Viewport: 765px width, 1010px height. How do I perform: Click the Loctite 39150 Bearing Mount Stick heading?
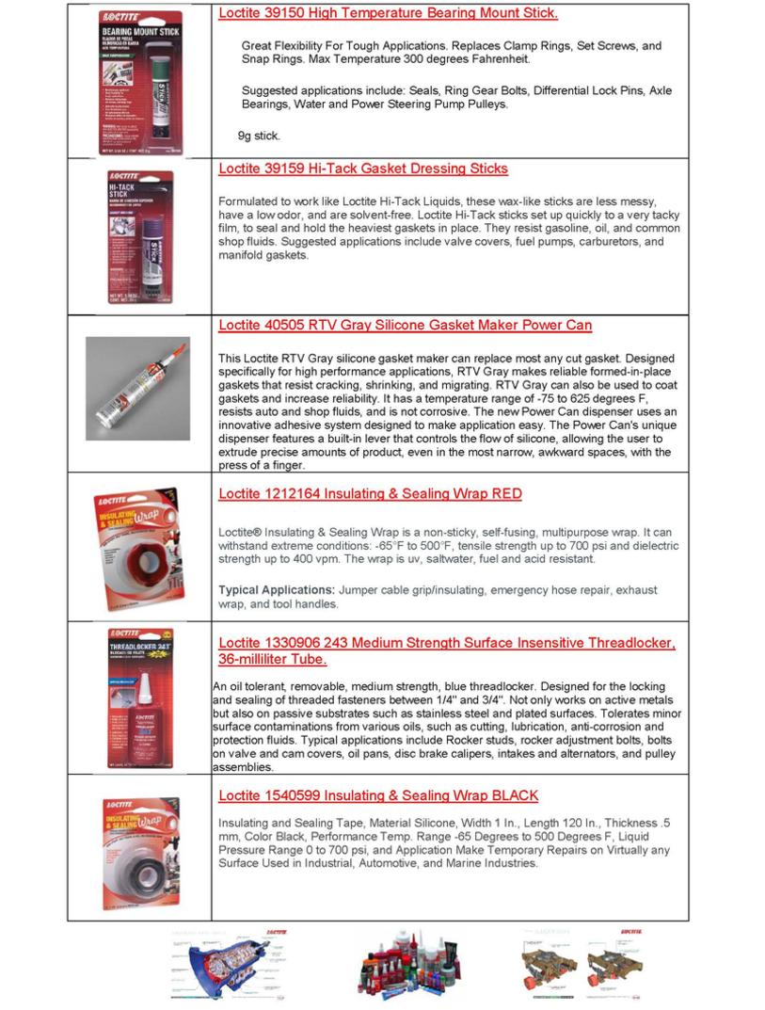(x=388, y=13)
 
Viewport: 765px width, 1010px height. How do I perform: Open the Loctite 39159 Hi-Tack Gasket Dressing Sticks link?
(x=362, y=168)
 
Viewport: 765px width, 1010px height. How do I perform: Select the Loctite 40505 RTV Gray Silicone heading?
(x=405, y=326)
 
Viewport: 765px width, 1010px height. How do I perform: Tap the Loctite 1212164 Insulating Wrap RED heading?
(x=370, y=493)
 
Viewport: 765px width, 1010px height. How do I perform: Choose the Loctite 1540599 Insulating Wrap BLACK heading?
(x=378, y=795)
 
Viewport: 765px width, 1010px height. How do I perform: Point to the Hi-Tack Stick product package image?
(x=140, y=235)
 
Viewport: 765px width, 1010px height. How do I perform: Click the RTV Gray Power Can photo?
(x=138, y=388)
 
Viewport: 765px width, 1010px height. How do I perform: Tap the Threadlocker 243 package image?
(x=140, y=697)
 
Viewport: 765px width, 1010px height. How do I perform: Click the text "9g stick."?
(x=259, y=136)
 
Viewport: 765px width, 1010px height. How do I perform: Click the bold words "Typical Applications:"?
(x=277, y=590)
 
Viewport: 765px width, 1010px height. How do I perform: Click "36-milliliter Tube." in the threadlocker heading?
(x=273, y=659)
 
